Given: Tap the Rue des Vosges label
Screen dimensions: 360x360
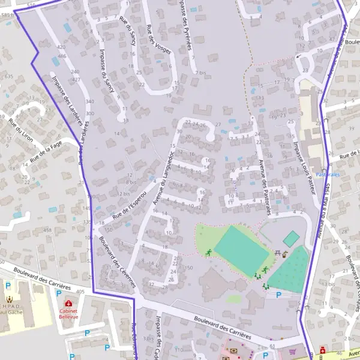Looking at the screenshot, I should click(x=158, y=40).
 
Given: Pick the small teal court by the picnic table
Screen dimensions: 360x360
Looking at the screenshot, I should click(x=291, y=239).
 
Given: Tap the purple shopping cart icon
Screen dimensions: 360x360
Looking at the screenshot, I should click(x=292, y=352).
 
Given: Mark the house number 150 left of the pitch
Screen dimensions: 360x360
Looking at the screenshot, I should click(x=189, y=268).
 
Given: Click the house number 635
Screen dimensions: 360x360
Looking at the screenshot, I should click(x=8, y=77).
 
